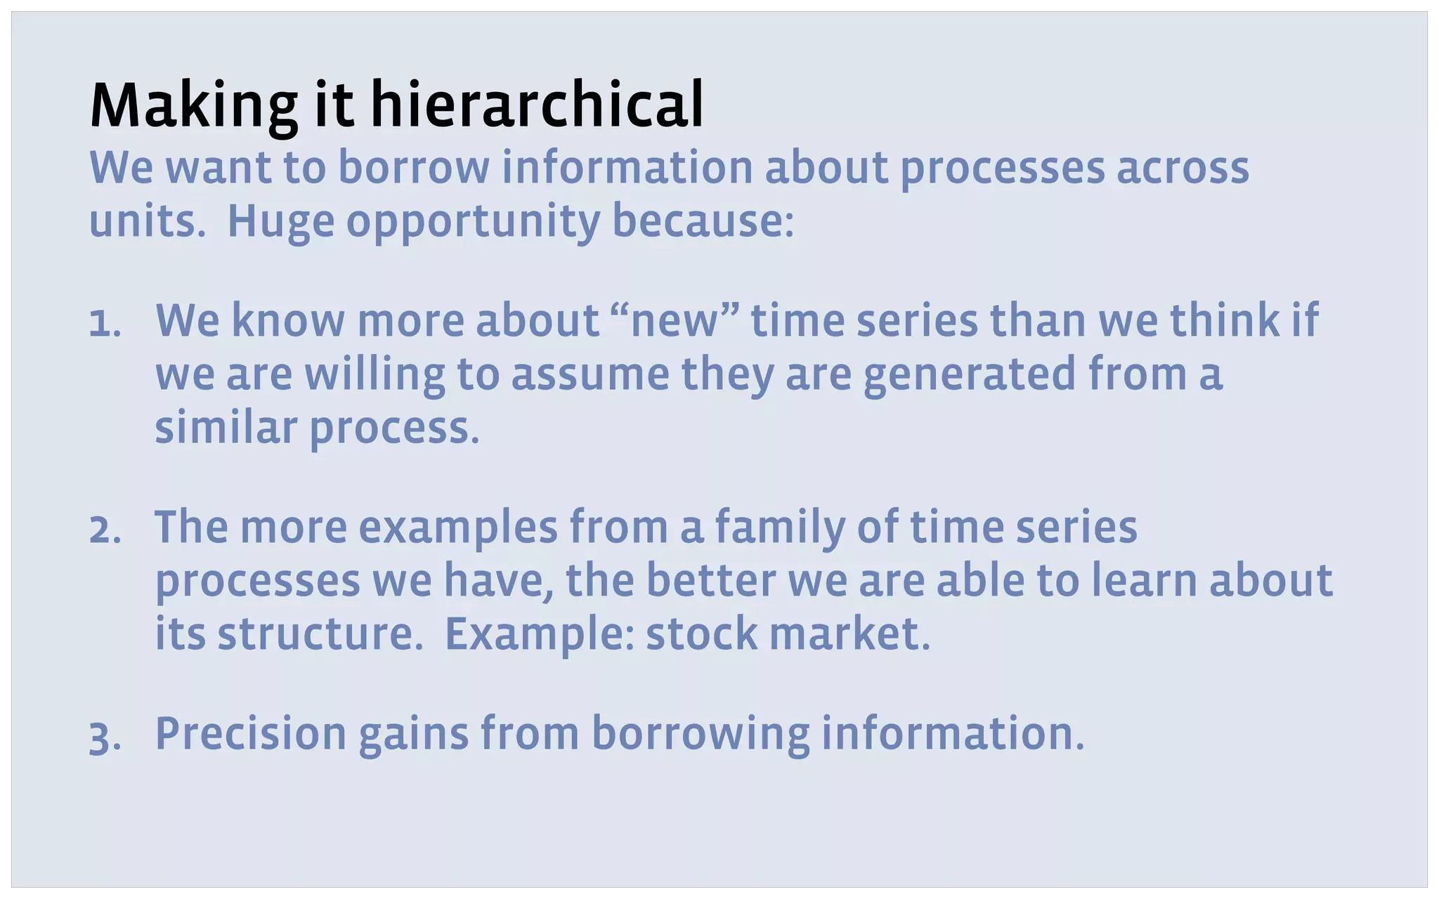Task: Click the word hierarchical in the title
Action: tap(537, 105)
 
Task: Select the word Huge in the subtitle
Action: tap(280, 222)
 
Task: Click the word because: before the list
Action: tap(703, 222)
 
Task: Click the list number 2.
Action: tap(105, 531)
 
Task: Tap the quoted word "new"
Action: tap(675, 322)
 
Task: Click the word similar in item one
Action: tap(226, 428)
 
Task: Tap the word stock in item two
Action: tap(701, 634)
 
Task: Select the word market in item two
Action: tap(849, 634)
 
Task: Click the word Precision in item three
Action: tap(251, 735)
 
